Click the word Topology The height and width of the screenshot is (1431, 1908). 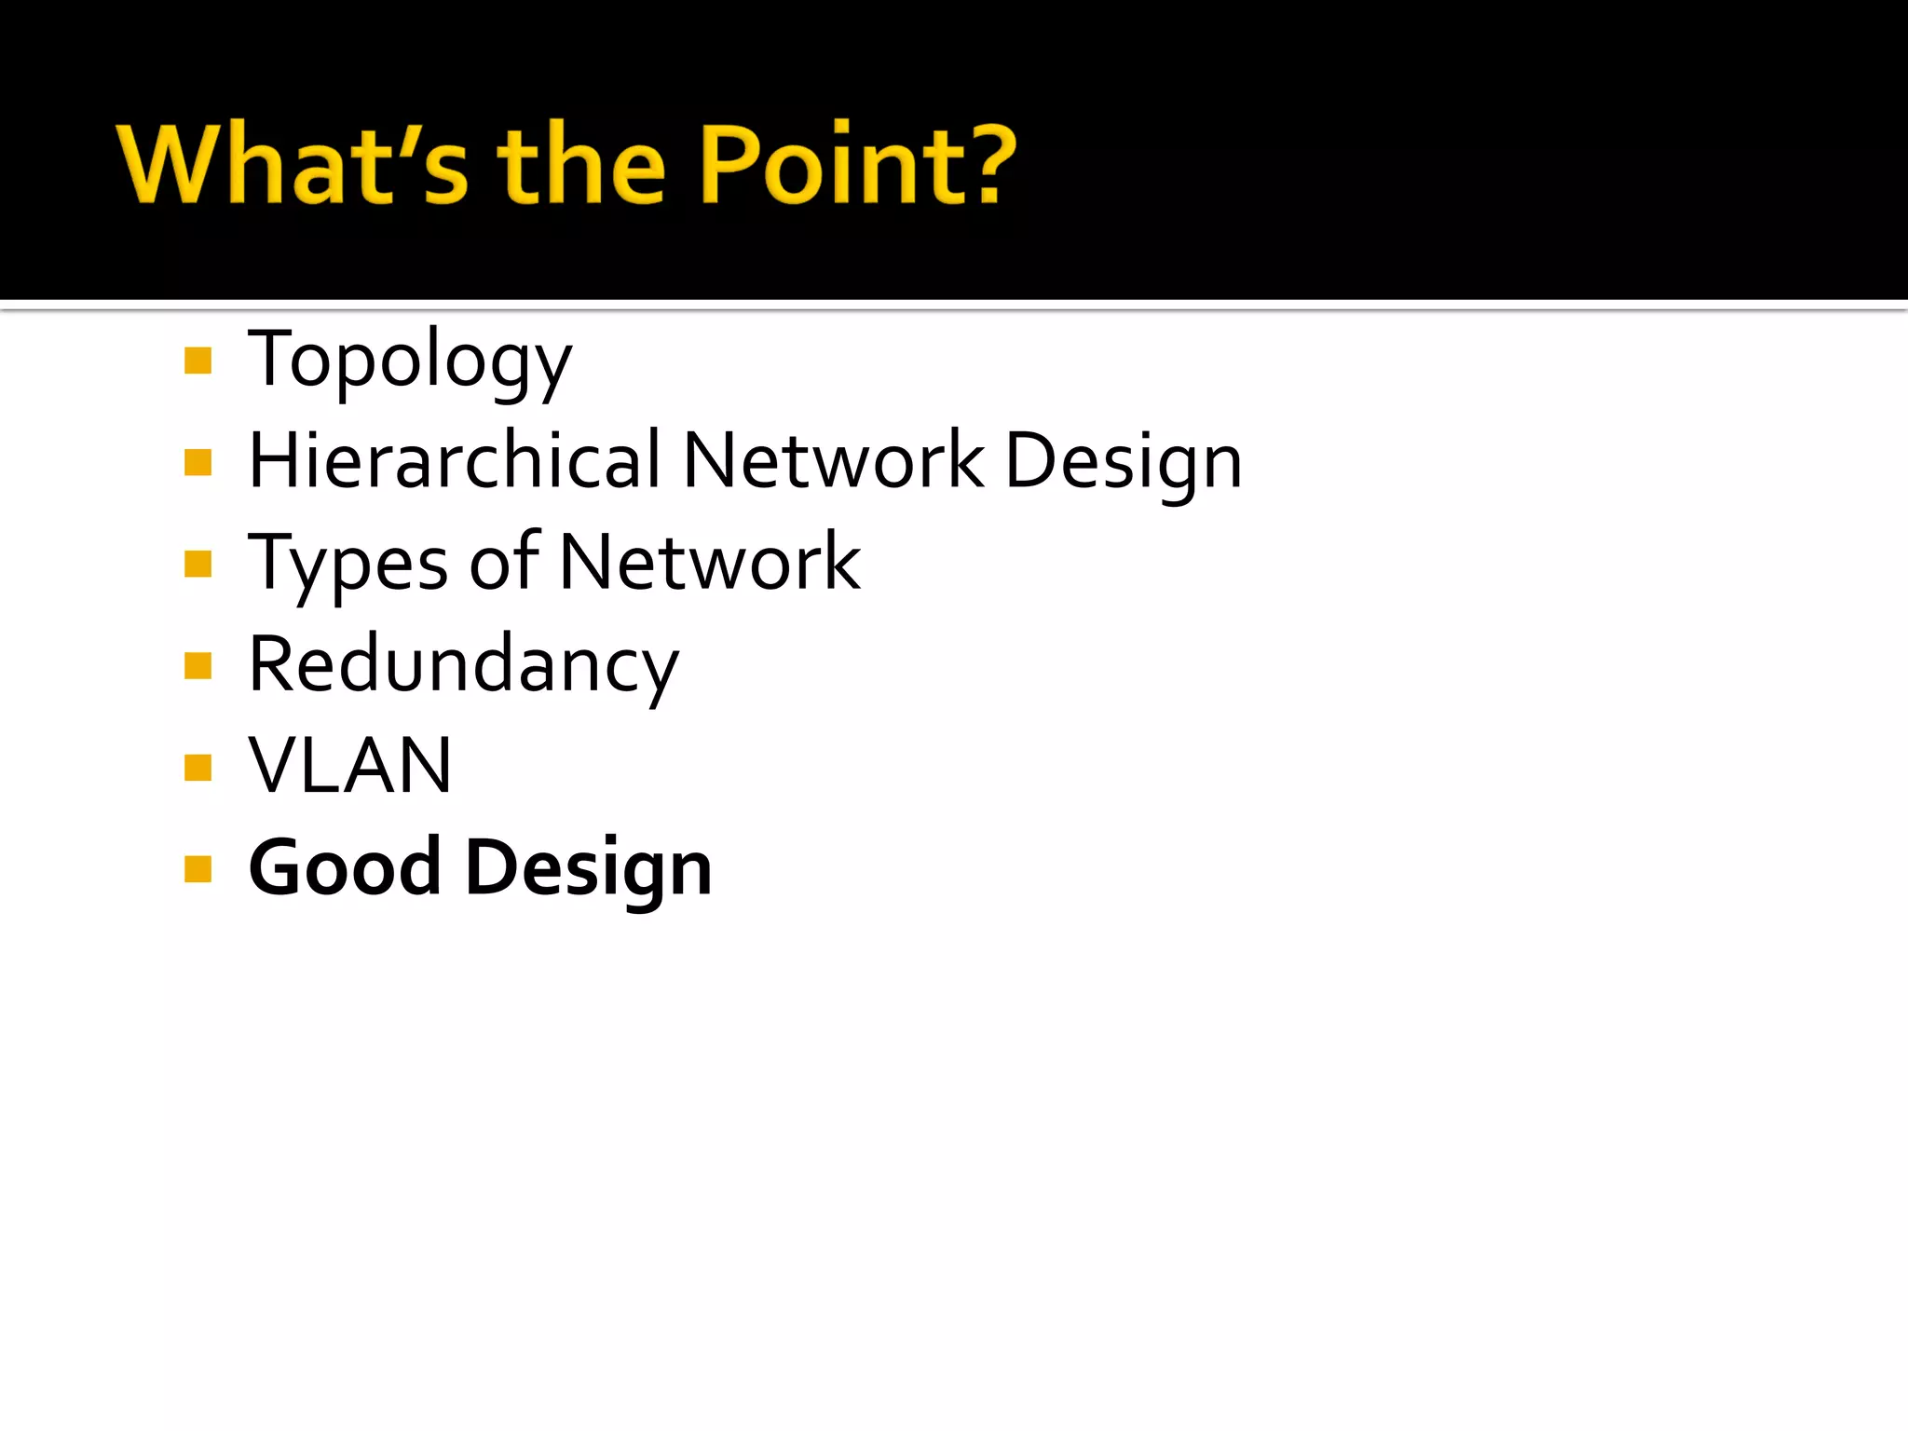[410, 361]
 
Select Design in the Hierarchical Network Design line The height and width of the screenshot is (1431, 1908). [1124, 463]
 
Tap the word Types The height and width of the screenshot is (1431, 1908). [348, 564]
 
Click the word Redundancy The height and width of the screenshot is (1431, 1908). [464, 665]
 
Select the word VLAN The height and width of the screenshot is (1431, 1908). [350, 766]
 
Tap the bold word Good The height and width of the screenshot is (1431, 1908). [345, 867]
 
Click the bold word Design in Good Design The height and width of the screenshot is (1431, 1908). [589, 869]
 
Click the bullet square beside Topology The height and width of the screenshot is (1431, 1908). [198, 361]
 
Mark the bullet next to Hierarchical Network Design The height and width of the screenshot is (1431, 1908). [198, 462]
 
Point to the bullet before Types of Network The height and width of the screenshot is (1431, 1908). [198, 564]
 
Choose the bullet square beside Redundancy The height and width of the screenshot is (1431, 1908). [198, 666]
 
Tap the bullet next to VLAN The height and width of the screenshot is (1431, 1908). [198, 768]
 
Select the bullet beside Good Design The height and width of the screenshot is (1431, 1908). [198, 869]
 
